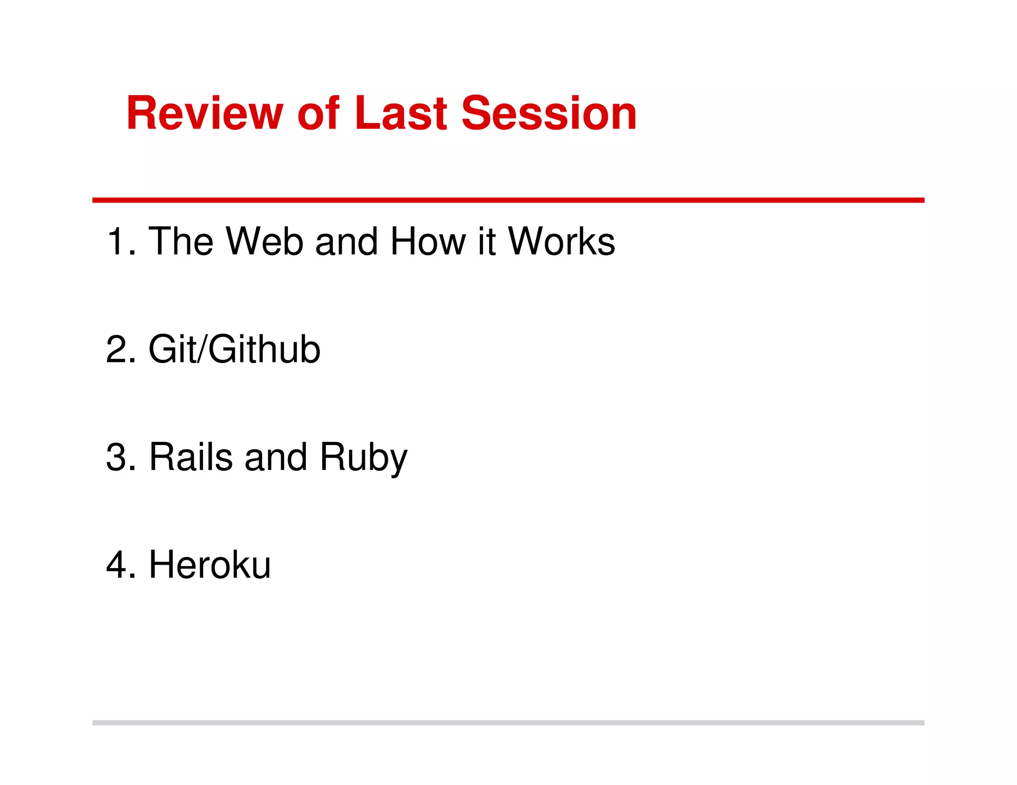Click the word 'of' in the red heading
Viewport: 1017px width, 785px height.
coord(318,114)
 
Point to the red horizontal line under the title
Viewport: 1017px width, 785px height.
coord(508,200)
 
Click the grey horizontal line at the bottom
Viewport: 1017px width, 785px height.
coord(508,722)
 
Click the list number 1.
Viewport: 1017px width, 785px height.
coord(117,242)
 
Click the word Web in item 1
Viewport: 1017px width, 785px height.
coord(264,242)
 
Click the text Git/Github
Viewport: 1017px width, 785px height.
coord(234,349)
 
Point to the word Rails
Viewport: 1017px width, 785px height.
coord(191,457)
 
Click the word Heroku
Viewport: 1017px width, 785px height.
coord(210,565)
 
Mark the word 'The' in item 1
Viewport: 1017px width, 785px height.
coord(181,242)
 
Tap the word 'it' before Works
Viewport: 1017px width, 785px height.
coord(487,242)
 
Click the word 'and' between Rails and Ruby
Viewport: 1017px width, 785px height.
coord(276,457)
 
